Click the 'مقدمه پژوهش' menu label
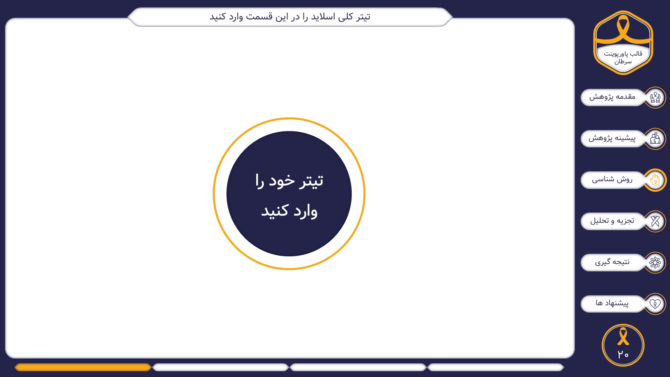(612, 97)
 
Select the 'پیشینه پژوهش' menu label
(612, 138)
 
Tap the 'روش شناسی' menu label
(612, 179)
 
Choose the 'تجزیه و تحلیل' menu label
(612, 221)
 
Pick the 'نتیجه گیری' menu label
(612, 262)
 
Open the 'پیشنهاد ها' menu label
(612, 303)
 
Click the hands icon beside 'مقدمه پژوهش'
(655, 98)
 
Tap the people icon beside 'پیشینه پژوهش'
(655, 138)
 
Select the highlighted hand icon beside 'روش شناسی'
(655, 180)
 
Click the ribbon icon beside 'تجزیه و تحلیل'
(655, 221)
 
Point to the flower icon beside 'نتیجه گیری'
(655, 262)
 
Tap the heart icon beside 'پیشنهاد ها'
(655, 304)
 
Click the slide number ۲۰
(623, 355)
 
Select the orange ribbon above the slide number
(623, 336)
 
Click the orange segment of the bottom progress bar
(83, 367)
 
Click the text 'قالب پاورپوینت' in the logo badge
(623, 54)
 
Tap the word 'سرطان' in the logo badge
(623, 62)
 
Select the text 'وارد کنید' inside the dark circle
(289, 211)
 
